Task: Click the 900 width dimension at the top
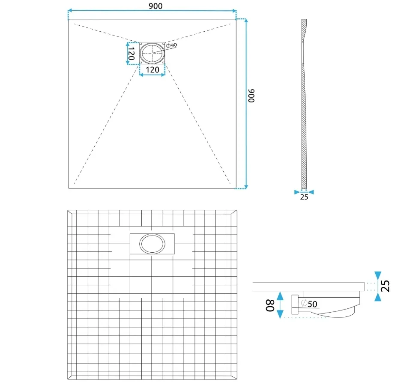point(156,6)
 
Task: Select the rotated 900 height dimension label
point(251,95)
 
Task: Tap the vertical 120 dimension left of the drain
point(131,54)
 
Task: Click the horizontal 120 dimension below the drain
point(153,70)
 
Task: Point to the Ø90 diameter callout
point(172,45)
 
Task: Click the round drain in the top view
point(152,53)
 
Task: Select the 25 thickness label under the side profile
point(304,197)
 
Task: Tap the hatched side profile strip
point(304,104)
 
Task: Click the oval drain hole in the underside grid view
point(152,244)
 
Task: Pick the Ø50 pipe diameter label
point(309,304)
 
